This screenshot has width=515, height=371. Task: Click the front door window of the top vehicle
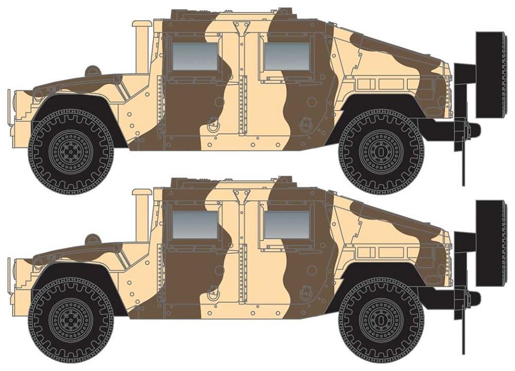(194, 56)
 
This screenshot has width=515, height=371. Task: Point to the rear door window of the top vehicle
(287, 56)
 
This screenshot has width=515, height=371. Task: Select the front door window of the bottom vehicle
(194, 225)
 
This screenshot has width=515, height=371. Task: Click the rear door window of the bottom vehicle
(287, 225)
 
